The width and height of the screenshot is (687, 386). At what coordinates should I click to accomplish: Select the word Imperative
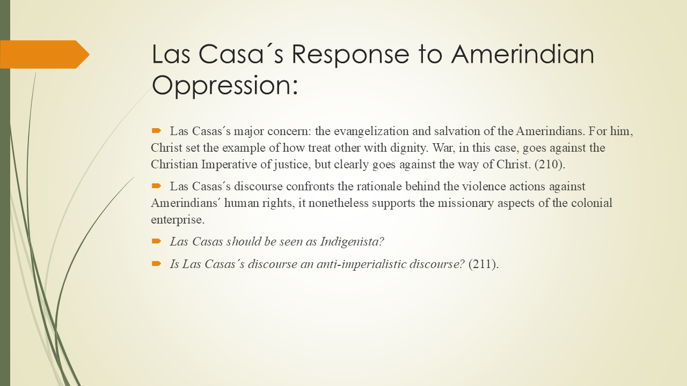coord(229,164)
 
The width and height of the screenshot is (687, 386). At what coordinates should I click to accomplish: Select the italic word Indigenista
coord(352,242)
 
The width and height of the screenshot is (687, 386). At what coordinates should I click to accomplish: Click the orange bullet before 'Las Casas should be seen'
coord(156,241)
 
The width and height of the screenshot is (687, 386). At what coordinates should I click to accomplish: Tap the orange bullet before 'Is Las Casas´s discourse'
coord(156,264)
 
